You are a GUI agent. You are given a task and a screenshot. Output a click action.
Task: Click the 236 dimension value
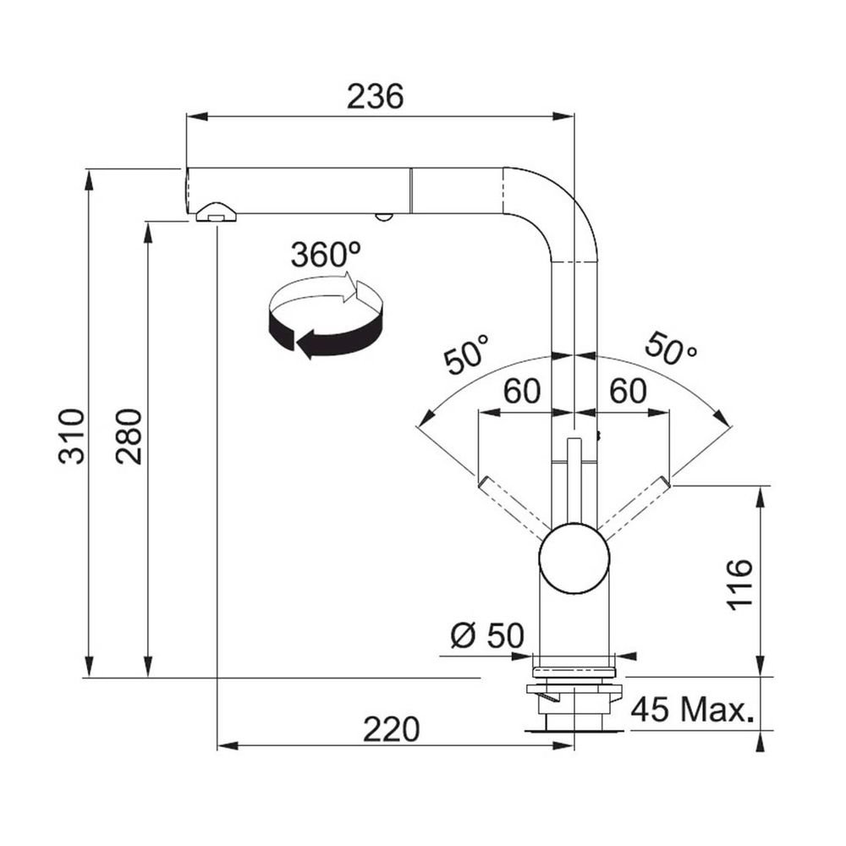375,96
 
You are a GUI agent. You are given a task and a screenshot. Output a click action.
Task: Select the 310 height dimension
72,437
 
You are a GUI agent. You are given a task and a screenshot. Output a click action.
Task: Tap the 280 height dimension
129,437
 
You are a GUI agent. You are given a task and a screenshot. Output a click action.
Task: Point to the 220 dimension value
391,729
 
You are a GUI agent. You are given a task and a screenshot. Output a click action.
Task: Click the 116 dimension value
739,585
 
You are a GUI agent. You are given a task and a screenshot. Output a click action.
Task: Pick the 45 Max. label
692,709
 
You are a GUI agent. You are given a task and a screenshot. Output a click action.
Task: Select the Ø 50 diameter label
487,635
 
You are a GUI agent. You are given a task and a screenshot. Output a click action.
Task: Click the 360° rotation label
326,254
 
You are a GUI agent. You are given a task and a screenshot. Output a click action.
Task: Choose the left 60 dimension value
522,391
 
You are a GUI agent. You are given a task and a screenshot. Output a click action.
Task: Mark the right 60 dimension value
628,391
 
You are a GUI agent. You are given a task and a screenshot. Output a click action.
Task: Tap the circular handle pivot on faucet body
574,558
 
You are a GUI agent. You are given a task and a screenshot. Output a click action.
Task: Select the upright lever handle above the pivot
574,481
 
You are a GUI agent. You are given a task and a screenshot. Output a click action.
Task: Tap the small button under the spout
383,217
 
